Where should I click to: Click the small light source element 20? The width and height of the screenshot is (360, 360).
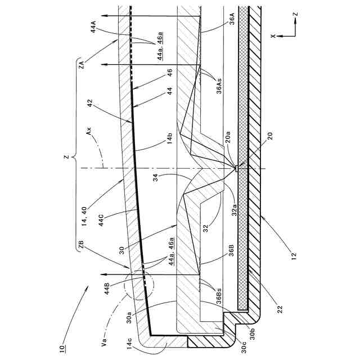click(x=238, y=168)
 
